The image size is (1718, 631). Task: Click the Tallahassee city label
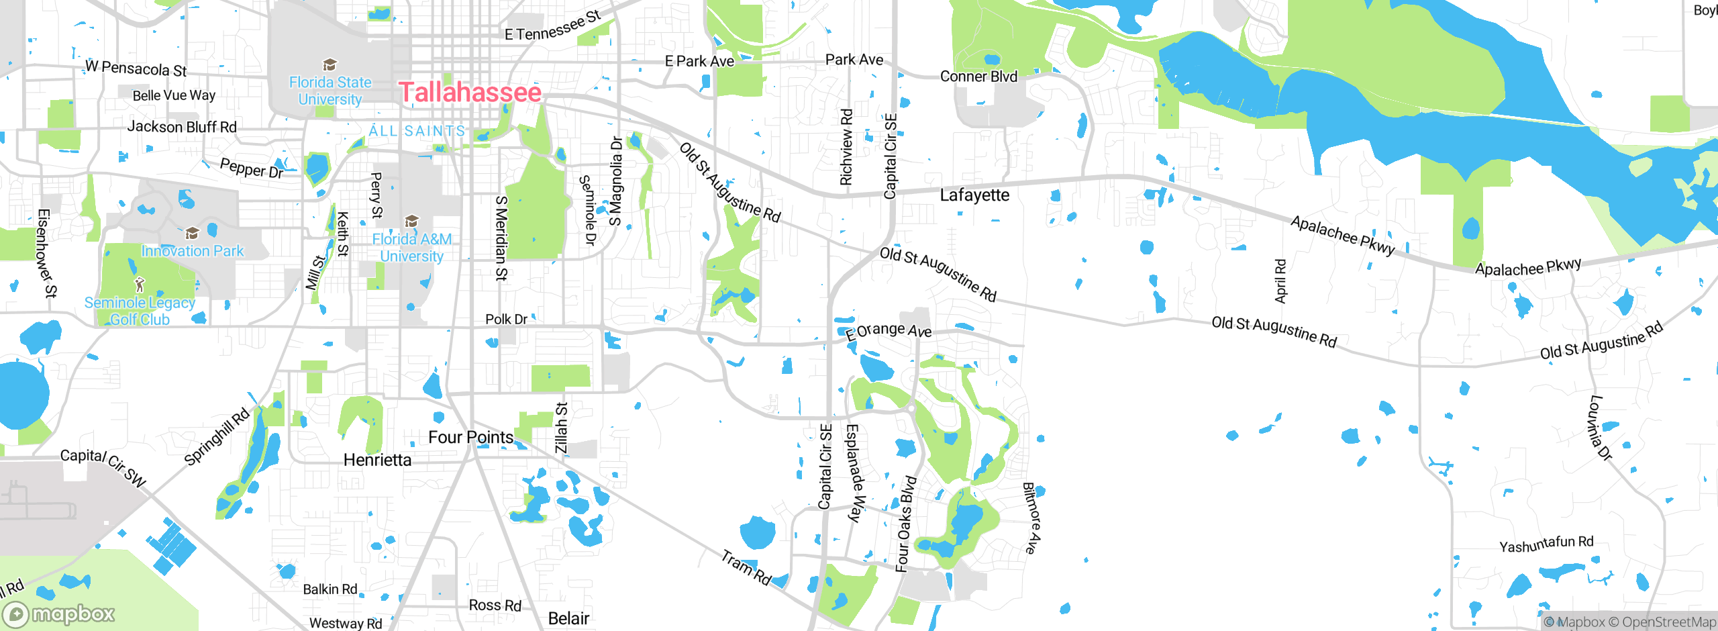[470, 93]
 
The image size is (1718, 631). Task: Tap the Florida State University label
[330, 91]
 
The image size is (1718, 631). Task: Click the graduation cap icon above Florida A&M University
[411, 221]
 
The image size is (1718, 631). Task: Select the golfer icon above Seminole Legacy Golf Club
[140, 285]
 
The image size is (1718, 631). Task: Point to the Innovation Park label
[193, 251]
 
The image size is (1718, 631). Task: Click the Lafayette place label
[974, 195]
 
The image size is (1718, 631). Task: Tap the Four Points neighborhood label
[470, 438]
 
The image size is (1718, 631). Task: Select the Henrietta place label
[377, 460]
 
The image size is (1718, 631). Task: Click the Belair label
[568, 618]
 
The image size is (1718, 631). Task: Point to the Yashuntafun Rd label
[1546, 544]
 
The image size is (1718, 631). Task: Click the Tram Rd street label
[746, 567]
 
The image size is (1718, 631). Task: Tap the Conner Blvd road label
[978, 77]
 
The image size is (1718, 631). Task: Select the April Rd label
[1280, 281]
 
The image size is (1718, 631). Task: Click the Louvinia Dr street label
[1600, 428]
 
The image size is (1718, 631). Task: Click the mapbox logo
[59, 614]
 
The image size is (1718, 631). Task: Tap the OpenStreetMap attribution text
[1668, 622]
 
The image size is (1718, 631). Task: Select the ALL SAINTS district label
[417, 131]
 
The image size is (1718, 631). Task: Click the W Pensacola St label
[136, 68]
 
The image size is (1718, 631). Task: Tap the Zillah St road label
[562, 428]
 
